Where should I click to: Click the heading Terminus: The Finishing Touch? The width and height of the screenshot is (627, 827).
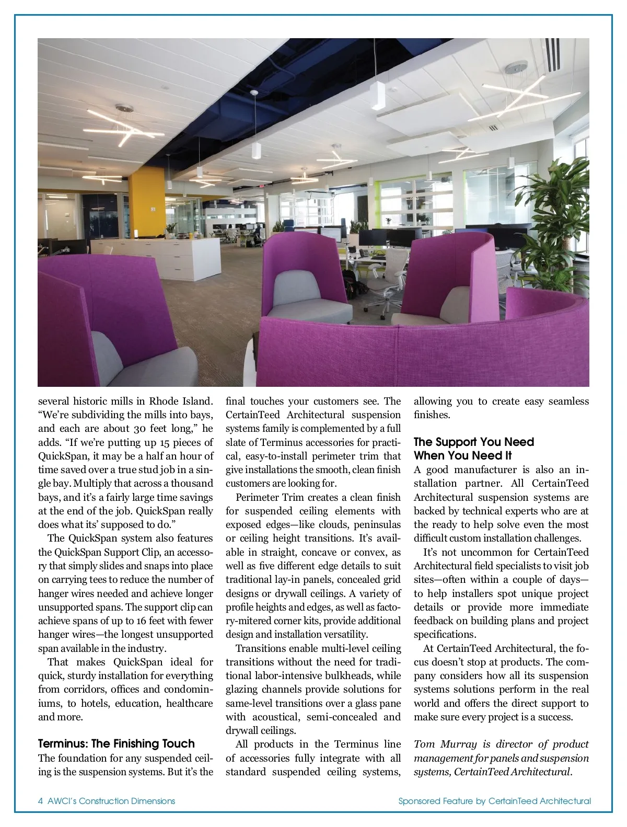point(116,743)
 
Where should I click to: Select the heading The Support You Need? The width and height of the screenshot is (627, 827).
point(473,442)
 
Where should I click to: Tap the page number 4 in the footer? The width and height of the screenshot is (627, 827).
point(41,801)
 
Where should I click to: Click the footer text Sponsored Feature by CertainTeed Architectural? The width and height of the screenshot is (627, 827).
point(494,801)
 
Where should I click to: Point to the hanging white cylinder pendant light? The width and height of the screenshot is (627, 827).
point(256,151)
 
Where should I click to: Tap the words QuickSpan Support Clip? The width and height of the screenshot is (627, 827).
point(104,552)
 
